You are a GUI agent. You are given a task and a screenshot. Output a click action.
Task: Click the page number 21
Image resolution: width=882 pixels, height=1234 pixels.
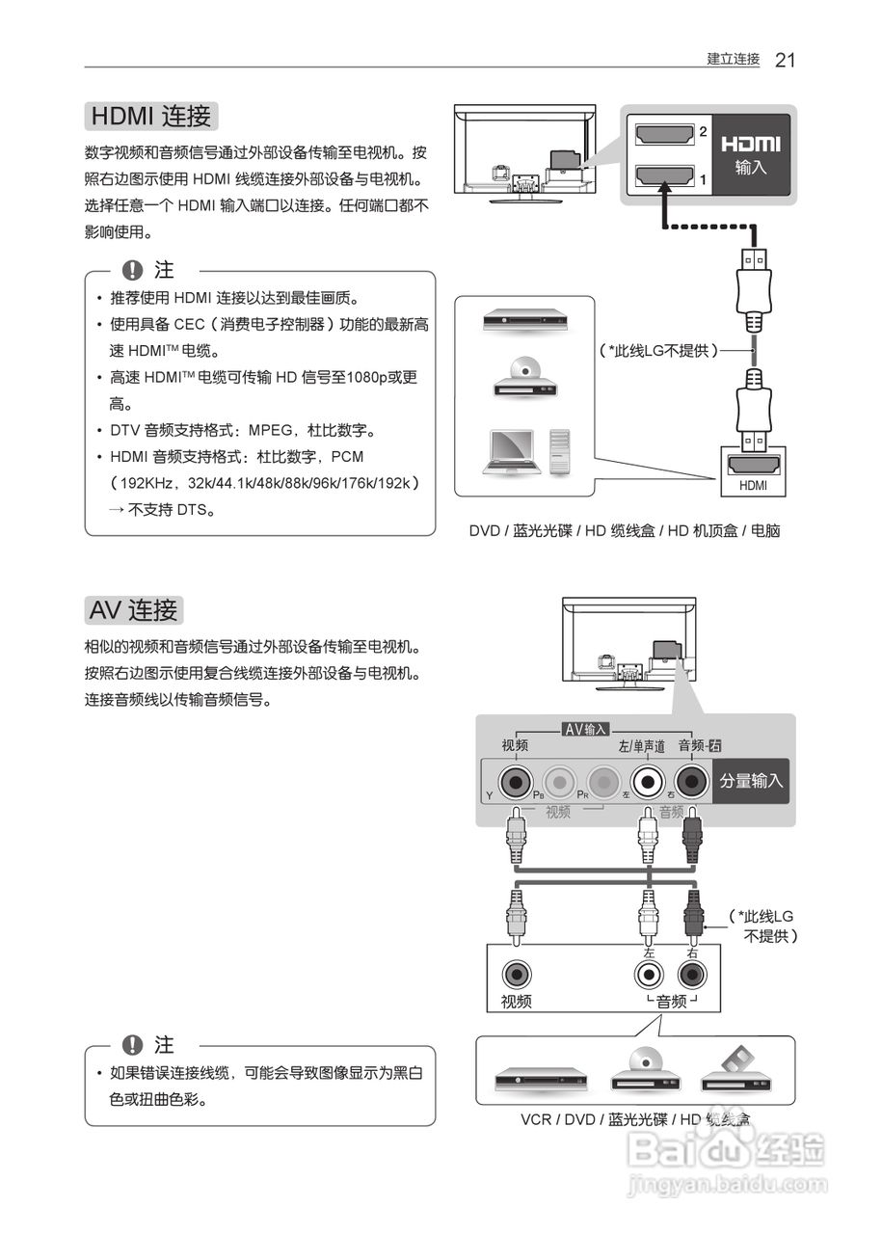click(785, 60)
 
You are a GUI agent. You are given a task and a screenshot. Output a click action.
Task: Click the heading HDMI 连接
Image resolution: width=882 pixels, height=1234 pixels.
click(151, 117)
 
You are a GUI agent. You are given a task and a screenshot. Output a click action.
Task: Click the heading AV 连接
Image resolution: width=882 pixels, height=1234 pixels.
click(133, 610)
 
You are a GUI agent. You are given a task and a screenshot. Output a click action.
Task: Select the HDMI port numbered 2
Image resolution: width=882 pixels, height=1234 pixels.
click(664, 136)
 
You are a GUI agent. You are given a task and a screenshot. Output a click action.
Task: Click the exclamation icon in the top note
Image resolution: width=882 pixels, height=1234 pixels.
click(133, 271)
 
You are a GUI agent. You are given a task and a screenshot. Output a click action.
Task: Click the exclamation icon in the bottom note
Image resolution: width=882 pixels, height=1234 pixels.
click(133, 1045)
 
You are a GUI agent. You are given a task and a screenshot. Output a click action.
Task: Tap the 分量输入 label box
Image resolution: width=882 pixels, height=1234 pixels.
click(752, 781)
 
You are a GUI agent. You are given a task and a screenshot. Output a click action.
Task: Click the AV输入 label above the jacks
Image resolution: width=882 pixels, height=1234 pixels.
click(586, 729)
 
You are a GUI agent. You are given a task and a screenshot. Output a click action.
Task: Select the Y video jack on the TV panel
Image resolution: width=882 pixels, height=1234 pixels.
click(515, 781)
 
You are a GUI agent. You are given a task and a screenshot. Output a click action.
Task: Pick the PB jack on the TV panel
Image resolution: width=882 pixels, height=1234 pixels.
click(558, 781)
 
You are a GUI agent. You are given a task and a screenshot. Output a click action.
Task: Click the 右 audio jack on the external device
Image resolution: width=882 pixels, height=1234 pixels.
click(691, 974)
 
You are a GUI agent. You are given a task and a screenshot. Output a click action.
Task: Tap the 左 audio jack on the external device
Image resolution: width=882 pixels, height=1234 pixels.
click(649, 974)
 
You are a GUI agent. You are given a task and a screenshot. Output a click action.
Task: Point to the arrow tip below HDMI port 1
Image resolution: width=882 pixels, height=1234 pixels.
click(663, 193)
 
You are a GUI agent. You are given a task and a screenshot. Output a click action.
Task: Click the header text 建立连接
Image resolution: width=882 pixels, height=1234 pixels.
click(733, 60)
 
